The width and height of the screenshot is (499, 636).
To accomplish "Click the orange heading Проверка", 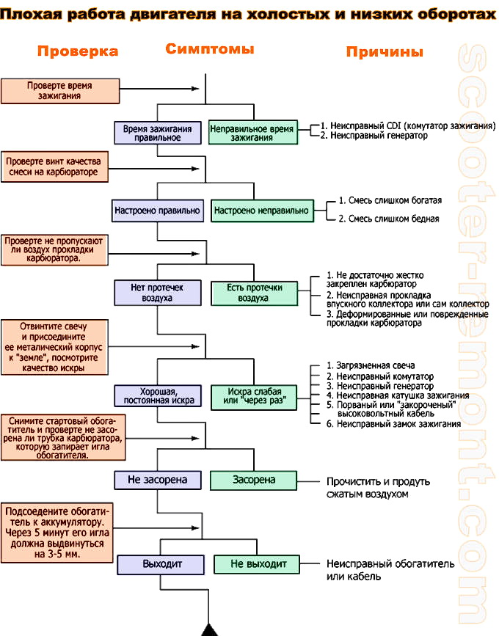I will (78, 51).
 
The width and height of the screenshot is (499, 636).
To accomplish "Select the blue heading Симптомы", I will (210, 49).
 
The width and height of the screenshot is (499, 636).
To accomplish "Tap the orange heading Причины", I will (385, 52).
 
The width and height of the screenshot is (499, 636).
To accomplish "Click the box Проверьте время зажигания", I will (59, 90).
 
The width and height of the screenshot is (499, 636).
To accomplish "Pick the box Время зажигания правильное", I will (157, 133).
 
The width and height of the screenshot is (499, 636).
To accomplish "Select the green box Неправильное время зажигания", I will (252, 133).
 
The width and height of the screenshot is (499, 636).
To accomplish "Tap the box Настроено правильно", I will (157, 211).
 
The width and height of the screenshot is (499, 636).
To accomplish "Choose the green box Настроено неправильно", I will (261, 211).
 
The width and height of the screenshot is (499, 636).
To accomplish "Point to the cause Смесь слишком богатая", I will (390, 200).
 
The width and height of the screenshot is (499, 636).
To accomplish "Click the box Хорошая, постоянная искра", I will (157, 396).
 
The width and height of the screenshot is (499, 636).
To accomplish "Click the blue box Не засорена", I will (157, 480).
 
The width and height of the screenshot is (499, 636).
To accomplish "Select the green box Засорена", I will (254, 480).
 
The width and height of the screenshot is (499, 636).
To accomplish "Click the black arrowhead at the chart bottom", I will (210, 630).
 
